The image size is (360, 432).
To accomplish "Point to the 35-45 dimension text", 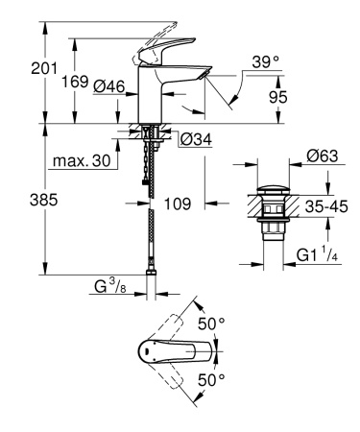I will coord(326,204).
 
